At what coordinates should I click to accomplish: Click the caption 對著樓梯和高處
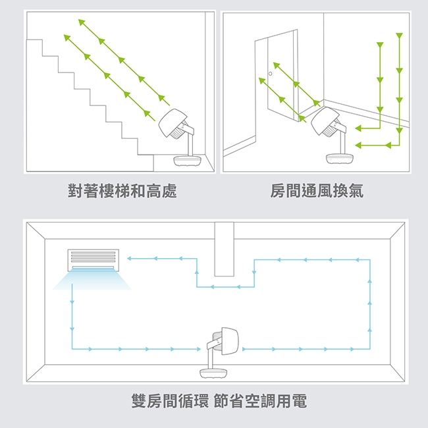[122, 192]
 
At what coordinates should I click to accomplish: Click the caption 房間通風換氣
[317, 192]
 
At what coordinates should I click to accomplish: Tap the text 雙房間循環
[169, 400]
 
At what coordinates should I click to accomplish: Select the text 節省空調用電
[261, 400]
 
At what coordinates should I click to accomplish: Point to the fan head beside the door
[327, 122]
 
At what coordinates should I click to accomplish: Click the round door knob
[270, 75]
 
